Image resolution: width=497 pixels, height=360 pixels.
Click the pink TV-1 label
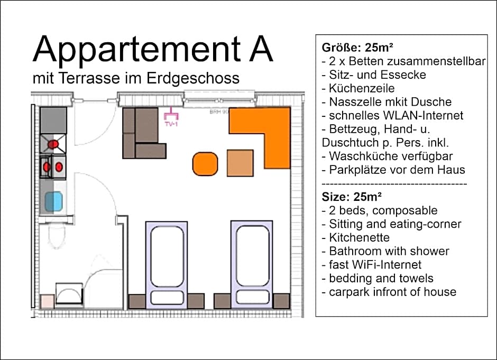tap(171, 124)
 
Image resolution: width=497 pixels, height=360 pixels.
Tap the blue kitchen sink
tap(53, 201)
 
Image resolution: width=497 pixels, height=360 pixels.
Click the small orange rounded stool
tap(205, 164)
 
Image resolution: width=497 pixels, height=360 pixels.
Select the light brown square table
tap(240, 163)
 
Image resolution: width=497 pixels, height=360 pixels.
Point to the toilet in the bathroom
tap(57, 235)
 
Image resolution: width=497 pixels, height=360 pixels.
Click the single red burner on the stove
tap(53, 144)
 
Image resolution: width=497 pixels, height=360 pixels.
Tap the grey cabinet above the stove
tap(53, 120)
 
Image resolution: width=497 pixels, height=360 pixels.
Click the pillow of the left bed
tap(167, 298)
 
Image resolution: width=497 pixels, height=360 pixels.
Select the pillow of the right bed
tap(253, 297)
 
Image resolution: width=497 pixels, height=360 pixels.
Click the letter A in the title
tap(261, 49)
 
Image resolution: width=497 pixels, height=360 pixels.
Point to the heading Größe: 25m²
tap(357, 48)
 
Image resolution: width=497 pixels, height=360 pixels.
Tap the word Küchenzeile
tap(362, 88)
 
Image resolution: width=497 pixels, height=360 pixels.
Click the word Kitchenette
tap(359, 237)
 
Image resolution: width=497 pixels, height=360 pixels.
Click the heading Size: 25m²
tap(351, 197)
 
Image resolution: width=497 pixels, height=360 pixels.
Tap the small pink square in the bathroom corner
tap(47, 301)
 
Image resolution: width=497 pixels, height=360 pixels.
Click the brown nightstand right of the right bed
tap(281, 301)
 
